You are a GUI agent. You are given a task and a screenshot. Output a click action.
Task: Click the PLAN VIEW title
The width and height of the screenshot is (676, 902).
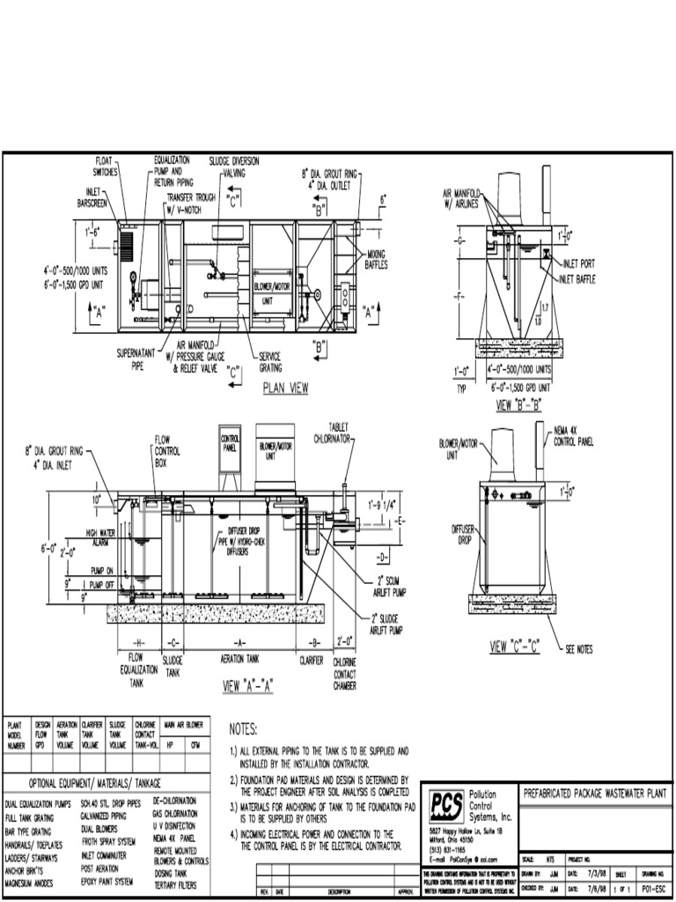[x=284, y=387]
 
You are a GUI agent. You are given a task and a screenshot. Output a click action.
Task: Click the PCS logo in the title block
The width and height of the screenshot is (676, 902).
[x=446, y=804]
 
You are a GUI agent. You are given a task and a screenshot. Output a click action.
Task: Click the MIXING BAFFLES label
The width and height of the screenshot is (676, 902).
[x=378, y=258]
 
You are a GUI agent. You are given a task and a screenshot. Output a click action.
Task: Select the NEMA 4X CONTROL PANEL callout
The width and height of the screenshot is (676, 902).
[x=577, y=434]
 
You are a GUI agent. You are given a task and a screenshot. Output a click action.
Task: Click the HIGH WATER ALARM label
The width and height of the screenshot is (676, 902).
[x=100, y=537]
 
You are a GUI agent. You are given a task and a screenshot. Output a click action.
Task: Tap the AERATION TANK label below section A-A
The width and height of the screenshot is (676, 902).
[x=239, y=658]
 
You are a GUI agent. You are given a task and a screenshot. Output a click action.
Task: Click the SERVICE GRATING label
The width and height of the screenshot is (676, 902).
[x=269, y=361]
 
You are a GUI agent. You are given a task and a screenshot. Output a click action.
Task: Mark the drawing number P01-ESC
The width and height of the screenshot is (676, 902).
[x=653, y=890]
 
